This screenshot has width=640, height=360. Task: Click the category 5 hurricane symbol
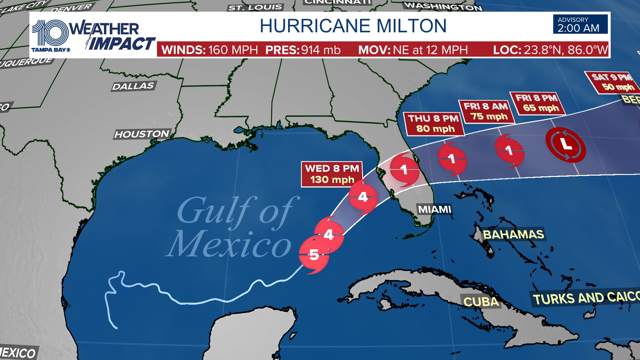(314, 255)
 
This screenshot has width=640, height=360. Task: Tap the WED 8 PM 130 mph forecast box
(332, 174)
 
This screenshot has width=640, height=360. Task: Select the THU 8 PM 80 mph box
(434, 124)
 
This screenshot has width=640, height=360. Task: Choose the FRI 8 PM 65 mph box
(537, 103)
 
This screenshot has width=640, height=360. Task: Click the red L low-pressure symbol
(566, 145)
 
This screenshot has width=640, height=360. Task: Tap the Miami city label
(435, 209)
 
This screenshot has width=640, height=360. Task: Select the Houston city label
(142, 134)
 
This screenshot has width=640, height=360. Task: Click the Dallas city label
(133, 86)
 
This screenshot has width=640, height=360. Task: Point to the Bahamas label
(513, 235)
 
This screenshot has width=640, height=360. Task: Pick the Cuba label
(481, 302)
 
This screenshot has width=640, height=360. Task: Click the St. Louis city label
(255, 7)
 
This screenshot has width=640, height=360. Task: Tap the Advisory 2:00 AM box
(580, 24)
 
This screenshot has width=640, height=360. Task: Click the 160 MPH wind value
(233, 50)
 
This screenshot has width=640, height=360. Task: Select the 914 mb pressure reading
(321, 50)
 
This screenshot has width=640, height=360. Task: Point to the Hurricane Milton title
(353, 26)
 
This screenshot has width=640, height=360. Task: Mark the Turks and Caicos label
(585, 298)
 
